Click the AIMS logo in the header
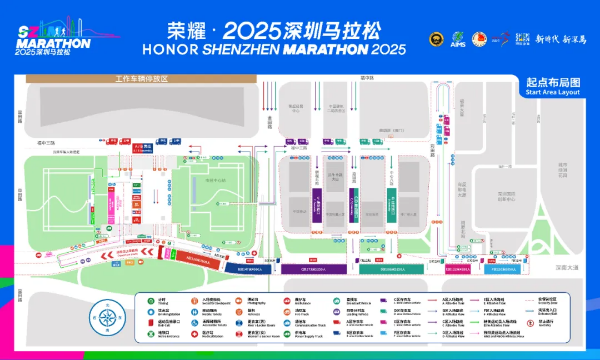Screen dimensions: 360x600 [458, 40]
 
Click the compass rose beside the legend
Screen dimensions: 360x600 [105, 318]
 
